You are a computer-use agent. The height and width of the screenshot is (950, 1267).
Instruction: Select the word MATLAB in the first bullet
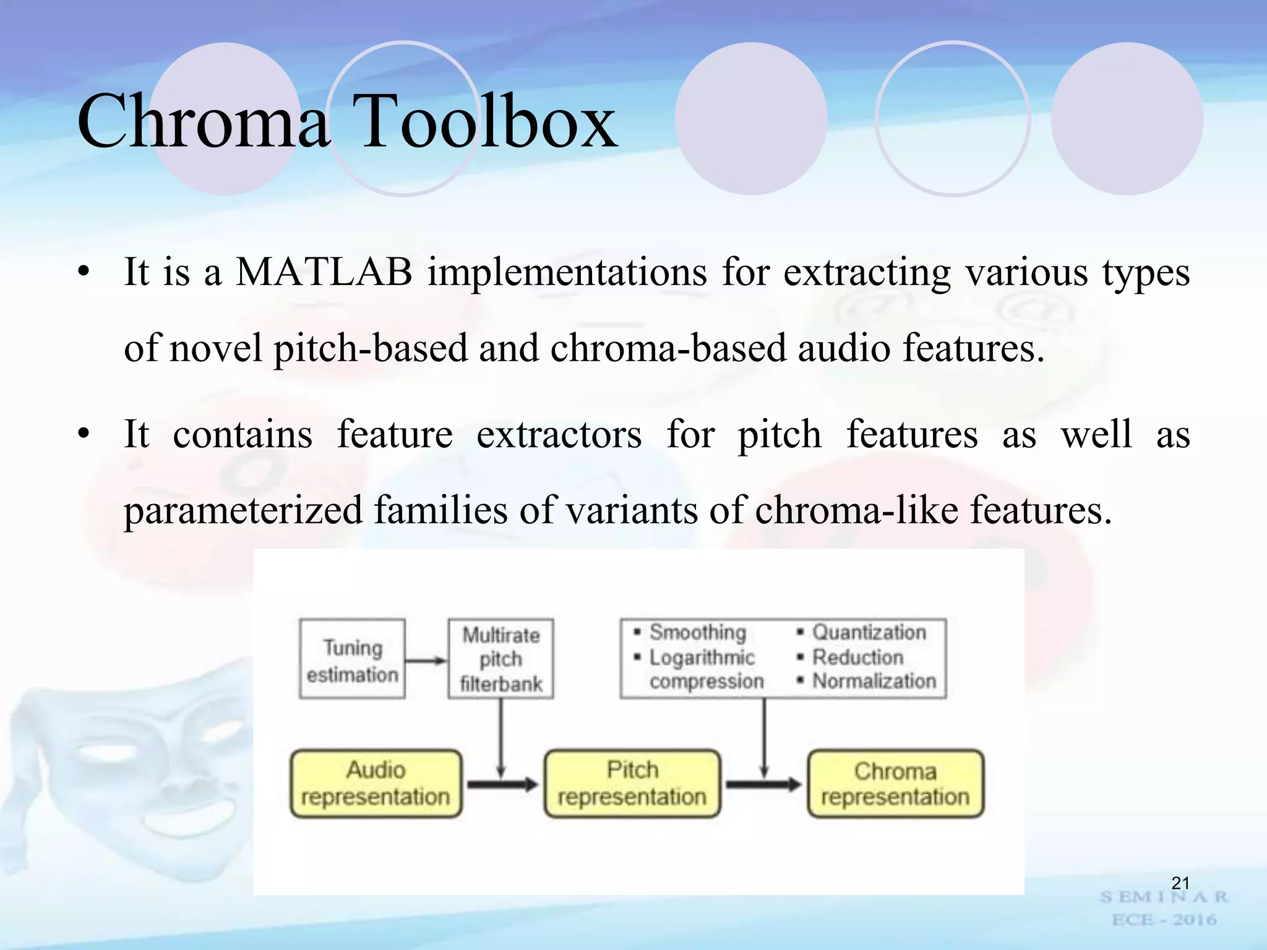(324, 272)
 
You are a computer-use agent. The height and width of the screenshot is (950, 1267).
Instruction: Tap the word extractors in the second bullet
(559, 435)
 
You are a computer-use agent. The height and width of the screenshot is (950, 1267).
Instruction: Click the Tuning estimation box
(352, 659)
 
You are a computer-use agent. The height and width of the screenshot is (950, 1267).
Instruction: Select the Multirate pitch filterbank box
(500, 659)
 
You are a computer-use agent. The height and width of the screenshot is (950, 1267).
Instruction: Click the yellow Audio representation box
(376, 784)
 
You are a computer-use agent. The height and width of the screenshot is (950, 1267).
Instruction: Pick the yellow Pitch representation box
(632, 784)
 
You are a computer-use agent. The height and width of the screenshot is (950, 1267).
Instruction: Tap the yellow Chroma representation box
(895, 784)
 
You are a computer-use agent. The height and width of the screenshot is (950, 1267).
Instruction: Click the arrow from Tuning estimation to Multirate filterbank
(426, 661)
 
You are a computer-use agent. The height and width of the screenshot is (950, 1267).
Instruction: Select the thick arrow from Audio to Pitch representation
(502, 785)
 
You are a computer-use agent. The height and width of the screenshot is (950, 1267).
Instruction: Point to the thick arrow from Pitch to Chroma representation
(763, 785)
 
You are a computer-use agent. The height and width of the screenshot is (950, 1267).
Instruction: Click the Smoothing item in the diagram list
(697, 632)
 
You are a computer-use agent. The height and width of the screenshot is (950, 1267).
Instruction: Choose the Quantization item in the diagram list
(869, 632)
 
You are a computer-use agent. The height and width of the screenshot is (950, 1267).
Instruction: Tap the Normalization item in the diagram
(874, 681)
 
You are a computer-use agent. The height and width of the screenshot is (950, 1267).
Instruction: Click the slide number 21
(1180, 883)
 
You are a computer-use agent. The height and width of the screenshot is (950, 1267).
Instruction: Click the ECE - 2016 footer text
(1164, 920)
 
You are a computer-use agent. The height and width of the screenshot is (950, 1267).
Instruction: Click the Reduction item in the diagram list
(857, 657)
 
